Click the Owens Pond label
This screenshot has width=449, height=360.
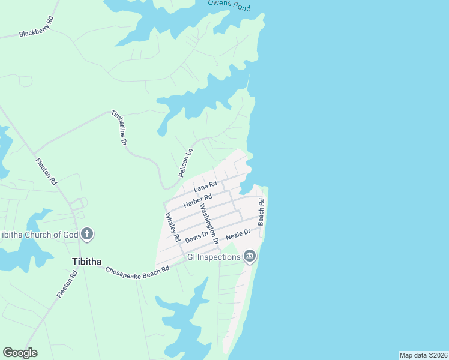(x=229, y=4)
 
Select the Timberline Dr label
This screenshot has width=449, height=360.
(x=119, y=128)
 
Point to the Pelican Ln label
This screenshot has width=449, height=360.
(x=185, y=163)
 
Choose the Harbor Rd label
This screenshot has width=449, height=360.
(x=198, y=200)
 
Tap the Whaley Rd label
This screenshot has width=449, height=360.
(x=172, y=226)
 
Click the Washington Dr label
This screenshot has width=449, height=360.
(x=208, y=223)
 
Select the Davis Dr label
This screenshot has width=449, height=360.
(x=196, y=238)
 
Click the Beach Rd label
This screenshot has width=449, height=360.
(x=261, y=212)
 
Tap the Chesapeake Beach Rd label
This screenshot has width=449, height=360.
(x=137, y=270)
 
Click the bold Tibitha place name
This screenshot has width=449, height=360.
(x=86, y=262)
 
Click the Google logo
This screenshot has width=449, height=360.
(x=20, y=353)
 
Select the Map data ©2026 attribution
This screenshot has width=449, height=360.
(x=423, y=355)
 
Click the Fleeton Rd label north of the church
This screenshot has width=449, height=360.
(x=46, y=171)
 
